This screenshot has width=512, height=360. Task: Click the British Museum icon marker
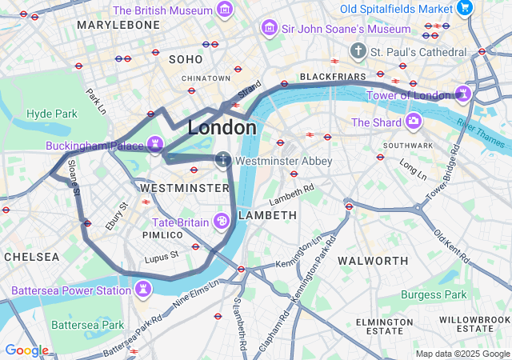click(226, 10)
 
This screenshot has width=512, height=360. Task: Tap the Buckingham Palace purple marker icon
click(155, 146)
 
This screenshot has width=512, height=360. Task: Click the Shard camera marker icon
click(414, 122)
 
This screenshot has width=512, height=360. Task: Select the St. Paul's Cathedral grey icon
click(358, 51)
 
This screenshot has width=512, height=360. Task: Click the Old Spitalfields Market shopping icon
click(465, 8)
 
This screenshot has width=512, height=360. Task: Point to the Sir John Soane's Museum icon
click(270, 29)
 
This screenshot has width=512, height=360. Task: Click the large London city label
click(222, 128)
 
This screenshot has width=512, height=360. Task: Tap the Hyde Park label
click(52, 114)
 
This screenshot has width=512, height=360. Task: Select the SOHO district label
click(186, 59)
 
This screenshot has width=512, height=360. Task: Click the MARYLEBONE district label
click(118, 26)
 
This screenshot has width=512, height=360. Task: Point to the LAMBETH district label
click(267, 215)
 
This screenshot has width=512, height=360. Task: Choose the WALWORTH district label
click(373, 261)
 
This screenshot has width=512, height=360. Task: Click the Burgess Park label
click(433, 294)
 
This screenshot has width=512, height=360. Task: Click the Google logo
click(26, 350)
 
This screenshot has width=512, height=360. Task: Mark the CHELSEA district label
click(31, 257)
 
